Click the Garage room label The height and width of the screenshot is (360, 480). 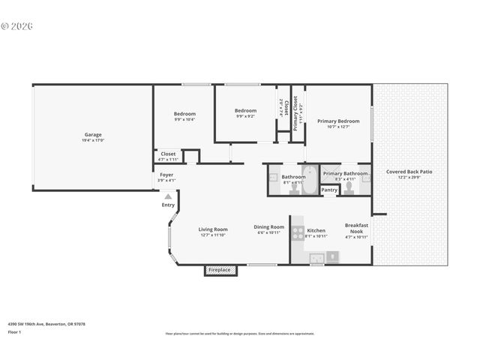point(93,135)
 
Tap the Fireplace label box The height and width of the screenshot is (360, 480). point(220,269)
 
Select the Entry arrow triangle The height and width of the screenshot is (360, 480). point(168,197)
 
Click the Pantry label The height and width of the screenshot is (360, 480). point(329,190)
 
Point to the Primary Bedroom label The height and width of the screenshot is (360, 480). point(337,121)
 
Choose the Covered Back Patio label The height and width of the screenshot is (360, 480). point(409,172)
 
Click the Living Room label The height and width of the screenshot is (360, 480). point(213,229)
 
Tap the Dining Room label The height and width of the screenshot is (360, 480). point(268,227)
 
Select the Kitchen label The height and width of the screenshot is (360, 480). point(316,230)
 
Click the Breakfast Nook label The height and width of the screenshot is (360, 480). point(356,227)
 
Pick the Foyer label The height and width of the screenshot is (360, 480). point(166,175)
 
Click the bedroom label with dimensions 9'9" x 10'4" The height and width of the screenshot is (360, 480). point(184,114)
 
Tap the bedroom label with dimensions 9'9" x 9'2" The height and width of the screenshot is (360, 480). point(245,110)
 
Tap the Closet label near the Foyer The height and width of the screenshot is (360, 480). point(168,154)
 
